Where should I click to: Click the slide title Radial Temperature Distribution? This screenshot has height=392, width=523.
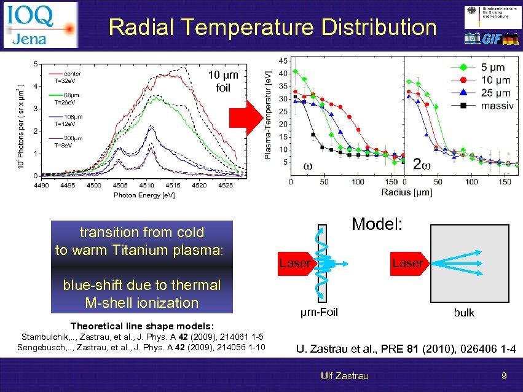click(x=272, y=27)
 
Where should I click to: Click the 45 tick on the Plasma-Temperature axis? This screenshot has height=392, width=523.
click(x=281, y=61)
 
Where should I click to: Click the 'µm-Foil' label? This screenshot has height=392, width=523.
click(x=318, y=312)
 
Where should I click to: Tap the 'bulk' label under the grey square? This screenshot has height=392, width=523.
click(x=464, y=313)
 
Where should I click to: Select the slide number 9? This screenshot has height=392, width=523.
click(x=503, y=375)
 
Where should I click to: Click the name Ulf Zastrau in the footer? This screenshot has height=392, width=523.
click(x=345, y=375)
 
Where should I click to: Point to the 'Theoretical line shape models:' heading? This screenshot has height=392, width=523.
click(x=143, y=326)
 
